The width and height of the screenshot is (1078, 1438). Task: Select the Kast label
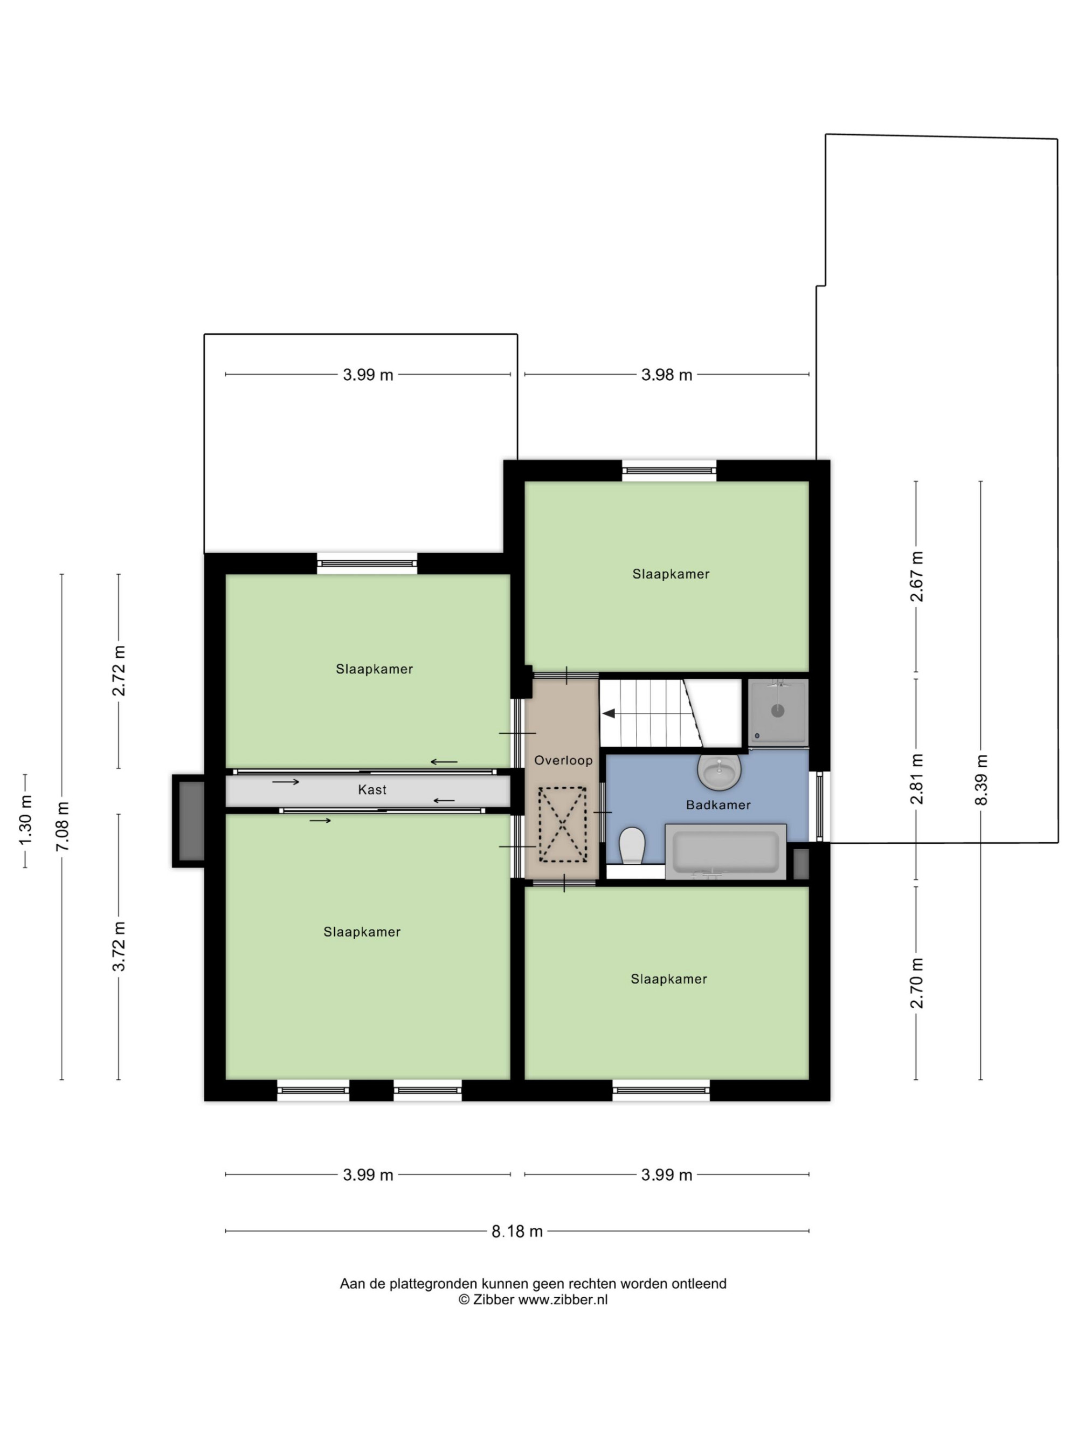pos(372,790)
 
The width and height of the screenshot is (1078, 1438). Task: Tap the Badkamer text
pos(718,805)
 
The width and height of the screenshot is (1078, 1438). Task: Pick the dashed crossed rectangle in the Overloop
pos(562,825)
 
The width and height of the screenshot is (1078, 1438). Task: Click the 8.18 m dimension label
pos(517,1231)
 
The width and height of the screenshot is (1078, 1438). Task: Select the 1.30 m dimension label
pos(25,821)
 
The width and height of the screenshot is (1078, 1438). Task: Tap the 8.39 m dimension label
pos(981,780)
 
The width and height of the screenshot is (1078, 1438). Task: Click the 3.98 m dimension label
pos(667,375)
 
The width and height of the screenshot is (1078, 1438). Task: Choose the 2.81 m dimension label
pos(917,779)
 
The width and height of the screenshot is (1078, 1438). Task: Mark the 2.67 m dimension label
pos(917,576)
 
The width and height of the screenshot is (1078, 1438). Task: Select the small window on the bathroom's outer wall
pos(820,806)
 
